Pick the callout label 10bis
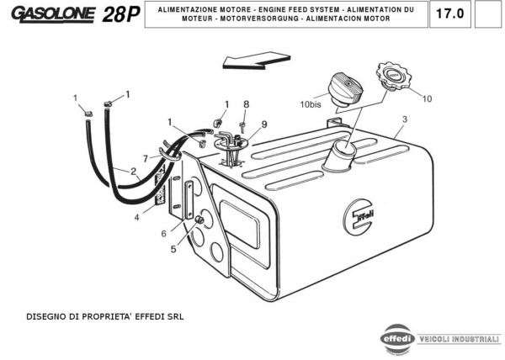point(311,105)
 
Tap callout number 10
point(427,98)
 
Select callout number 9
point(263,124)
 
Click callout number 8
point(246,104)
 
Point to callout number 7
point(145,158)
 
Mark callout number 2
point(133,172)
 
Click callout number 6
point(164,234)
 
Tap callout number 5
point(173,250)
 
